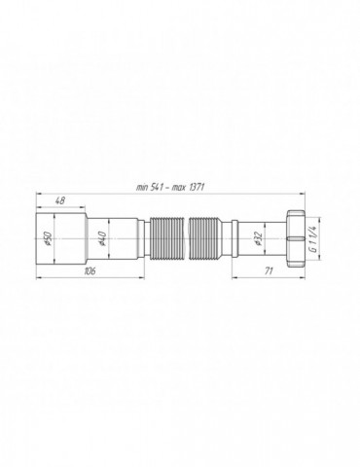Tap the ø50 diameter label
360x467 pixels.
pyautogui.click(x=42, y=238)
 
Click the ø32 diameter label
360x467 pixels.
pyautogui.click(x=256, y=238)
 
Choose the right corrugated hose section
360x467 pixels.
pyautogui.click(x=207, y=238)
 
